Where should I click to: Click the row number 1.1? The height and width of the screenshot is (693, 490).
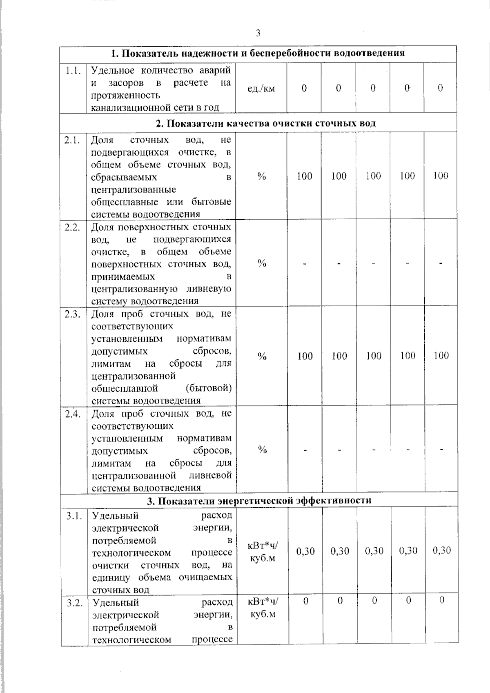click(73, 70)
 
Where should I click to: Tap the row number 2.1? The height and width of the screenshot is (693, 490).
click(73, 140)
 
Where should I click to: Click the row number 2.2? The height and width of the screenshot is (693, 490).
click(73, 227)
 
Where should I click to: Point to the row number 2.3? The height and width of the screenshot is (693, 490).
click(73, 314)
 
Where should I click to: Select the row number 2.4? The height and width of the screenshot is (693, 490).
click(73, 414)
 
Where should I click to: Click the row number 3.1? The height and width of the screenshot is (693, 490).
click(74, 516)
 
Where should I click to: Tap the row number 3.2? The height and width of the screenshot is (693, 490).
click(74, 603)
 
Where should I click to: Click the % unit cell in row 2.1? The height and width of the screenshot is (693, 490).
click(262, 176)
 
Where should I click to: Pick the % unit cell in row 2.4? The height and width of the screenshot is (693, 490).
click(262, 450)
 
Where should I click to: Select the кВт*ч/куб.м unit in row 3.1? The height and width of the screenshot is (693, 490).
click(263, 552)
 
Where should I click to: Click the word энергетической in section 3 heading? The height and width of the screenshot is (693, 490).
click(256, 501)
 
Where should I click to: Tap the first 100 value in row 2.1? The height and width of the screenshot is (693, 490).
click(304, 176)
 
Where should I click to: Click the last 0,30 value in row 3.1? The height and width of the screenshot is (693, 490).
click(441, 551)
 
